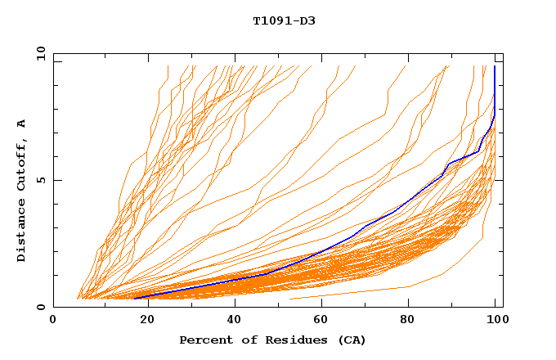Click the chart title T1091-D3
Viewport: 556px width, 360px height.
click(284, 21)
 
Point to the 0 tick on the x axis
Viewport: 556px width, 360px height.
click(53, 320)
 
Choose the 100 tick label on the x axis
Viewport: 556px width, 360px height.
click(496, 320)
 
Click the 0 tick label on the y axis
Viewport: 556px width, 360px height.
click(41, 308)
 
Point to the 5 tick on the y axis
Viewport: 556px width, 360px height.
click(41, 180)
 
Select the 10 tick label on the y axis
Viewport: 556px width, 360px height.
click(38, 53)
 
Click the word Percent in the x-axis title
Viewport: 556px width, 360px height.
click(205, 340)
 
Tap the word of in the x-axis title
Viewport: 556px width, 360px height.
click(244, 340)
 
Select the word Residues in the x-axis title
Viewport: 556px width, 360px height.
click(288, 340)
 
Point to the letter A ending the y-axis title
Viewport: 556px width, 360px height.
click(22, 124)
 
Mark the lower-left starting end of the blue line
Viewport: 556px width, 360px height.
click(134, 299)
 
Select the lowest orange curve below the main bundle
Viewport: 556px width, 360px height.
click(368, 290)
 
